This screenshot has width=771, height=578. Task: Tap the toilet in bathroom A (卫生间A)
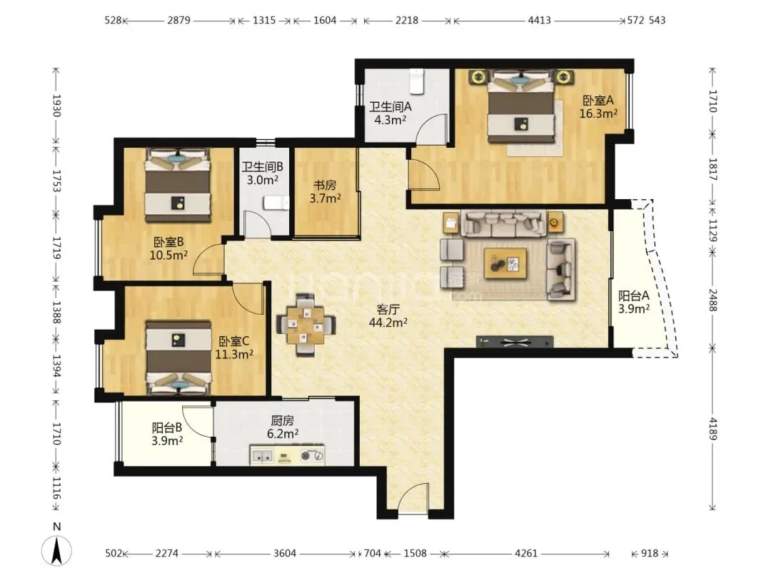pyautogui.click(x=417, y=81)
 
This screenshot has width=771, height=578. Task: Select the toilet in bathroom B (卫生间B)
pyautogui.click(x=276, y=203)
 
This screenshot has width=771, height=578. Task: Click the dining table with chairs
pyautogui.click(x=306, y=325)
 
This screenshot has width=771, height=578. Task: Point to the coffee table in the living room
pyautogui.click(x=505, y=263)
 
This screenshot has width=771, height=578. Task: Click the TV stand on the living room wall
pyautogui.click(x=514, y=342)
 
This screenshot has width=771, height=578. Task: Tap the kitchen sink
pyautogui.click(x=262, y=456)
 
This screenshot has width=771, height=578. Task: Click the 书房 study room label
pyautogui.click(x=325, y=186)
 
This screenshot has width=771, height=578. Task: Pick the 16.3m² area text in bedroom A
pyautogui.click(x=598, y=114)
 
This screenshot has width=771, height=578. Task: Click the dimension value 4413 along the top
pyautogui.click(x=540, y=20)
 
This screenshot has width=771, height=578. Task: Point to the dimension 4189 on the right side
pyautogui.click(x=713, y=430)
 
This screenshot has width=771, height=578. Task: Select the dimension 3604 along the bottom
pyautogui.click(x=285, y=554)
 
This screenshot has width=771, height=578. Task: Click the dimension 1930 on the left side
pyautogui.click(x=56, y=106)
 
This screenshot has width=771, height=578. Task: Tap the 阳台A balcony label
pyautogui.click(x=634, y=296)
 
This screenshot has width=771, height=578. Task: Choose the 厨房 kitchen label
pyautogui.click(x=282, y=421)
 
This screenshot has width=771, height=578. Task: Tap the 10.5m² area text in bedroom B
pyautogui.click(x=168, y=255)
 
